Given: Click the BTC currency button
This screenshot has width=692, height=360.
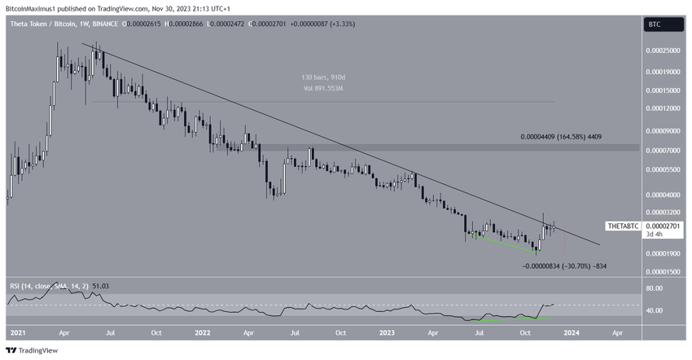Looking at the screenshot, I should click(x=654, y=25).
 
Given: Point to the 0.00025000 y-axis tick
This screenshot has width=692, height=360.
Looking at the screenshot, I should click(x=664, y=50).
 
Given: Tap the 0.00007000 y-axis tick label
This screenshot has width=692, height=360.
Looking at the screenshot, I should click(x=664, y=151).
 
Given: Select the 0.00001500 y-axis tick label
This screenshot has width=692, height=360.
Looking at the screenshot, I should click(x=664, y=272).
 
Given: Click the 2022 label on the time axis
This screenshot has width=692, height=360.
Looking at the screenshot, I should click(x=203, y=333).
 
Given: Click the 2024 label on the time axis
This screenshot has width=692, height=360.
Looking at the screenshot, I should click(x=572, y=333).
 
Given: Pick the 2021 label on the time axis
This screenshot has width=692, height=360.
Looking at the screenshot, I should click(x=18, y=333).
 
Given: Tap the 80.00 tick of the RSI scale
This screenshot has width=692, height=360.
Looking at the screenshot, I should click(x=655, y=288).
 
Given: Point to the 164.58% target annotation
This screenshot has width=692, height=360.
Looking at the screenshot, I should click(x=561, y=138).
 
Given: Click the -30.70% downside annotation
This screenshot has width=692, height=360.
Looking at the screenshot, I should click(x=564, y=266).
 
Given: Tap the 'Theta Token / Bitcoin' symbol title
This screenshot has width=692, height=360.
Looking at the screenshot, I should click(x=43, y=25).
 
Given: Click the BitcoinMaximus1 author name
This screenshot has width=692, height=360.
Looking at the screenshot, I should click(x=37, y=7).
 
